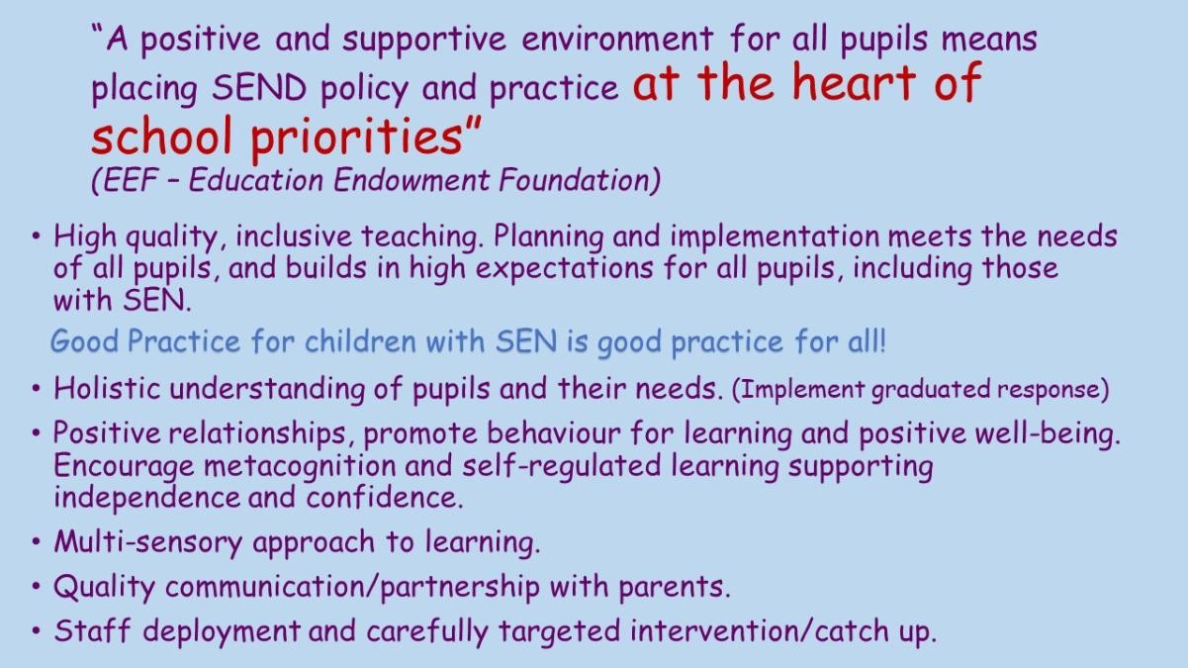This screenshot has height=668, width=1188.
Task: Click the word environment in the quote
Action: click(x=617, y=40)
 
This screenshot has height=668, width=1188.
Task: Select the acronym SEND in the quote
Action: click(x=259, y=87)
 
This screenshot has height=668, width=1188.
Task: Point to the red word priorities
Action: click(x=356, y=137)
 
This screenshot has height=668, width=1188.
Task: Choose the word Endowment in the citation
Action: click(x=411, y=180)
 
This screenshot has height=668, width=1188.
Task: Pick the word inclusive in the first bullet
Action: click(x=294, y=237)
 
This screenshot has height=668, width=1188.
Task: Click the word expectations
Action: click(x=564, y=268)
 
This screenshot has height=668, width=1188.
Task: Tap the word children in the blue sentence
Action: click(x=360, y=341)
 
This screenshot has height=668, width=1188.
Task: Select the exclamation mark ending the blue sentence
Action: click(x=882, y=341)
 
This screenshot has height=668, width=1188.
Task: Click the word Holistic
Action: click(x=107, y=388)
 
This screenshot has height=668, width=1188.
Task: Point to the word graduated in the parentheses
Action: click(x=931, y=390)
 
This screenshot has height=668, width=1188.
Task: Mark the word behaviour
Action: click(x=554, y=432)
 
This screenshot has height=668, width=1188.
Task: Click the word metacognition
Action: click(x=300, y=466)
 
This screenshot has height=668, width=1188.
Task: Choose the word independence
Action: click(x=147, y=498)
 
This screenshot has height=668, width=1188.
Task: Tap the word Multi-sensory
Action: click(x=148, y=542)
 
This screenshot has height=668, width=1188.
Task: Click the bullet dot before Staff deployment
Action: click(x=36, y=631)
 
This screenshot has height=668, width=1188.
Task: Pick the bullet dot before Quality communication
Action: click(x=36, y=587)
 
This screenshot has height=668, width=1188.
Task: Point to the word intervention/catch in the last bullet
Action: click(x=759, y=631)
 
